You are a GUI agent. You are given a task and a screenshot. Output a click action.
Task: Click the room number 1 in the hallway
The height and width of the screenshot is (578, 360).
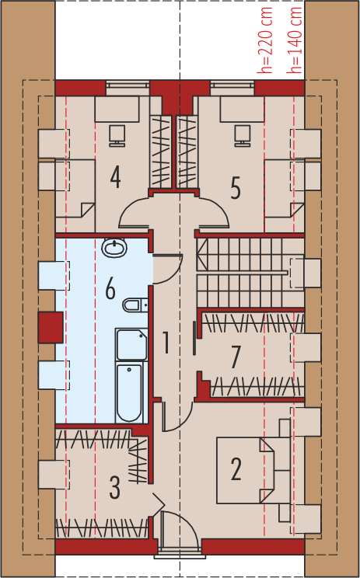(x=166, y=343)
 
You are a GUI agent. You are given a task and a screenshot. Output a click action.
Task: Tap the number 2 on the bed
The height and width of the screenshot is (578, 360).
(x=236, y=469)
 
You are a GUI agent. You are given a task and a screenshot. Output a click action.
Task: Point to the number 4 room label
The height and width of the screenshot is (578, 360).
(x=115, y=177)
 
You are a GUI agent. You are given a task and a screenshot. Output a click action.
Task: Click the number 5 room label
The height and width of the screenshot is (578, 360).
(x=236, y=189)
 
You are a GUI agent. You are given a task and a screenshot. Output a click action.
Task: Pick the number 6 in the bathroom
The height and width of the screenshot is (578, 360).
(x=110, y=289)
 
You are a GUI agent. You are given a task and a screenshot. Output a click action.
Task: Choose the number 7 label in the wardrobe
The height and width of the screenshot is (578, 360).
(x=235, y=357)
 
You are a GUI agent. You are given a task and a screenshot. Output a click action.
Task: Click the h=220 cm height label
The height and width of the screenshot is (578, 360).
(x=265, y=40)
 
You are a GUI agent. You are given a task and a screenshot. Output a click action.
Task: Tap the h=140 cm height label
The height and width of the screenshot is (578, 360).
(x=295, y=40)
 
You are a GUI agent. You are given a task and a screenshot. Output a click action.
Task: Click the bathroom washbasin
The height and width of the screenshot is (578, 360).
(x=114, y=247)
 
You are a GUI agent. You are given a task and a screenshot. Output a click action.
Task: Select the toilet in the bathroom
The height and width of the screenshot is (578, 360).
(x=135, y=305)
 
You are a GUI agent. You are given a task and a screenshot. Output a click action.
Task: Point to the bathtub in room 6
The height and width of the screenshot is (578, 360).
(x=129, y=392)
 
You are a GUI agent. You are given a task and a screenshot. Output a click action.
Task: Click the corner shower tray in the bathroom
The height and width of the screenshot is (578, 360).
(x=131, y=345)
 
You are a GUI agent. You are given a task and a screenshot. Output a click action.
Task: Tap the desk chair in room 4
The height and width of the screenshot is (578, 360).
(x=117, y=135)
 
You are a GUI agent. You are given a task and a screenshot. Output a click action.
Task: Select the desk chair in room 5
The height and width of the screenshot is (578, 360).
(x=243, y=135)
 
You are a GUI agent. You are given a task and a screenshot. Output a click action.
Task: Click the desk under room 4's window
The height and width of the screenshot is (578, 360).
(x=117, y=109)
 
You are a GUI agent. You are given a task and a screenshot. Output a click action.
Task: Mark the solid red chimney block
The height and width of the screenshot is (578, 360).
(x=51, y=327)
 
